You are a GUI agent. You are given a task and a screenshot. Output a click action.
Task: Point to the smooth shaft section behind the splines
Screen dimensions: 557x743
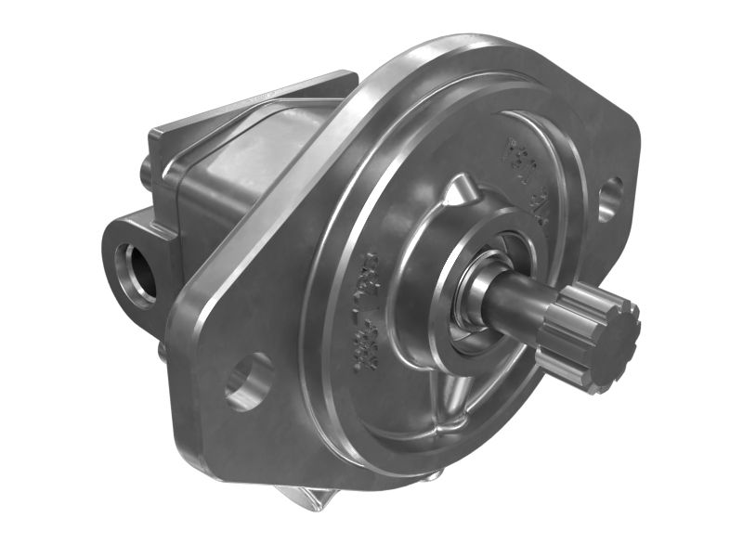click(520, 303)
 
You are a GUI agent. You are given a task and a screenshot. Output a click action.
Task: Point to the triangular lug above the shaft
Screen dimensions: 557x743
click(454, 195)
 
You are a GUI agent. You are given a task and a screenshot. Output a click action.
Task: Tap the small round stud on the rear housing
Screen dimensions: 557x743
click(146, 171)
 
